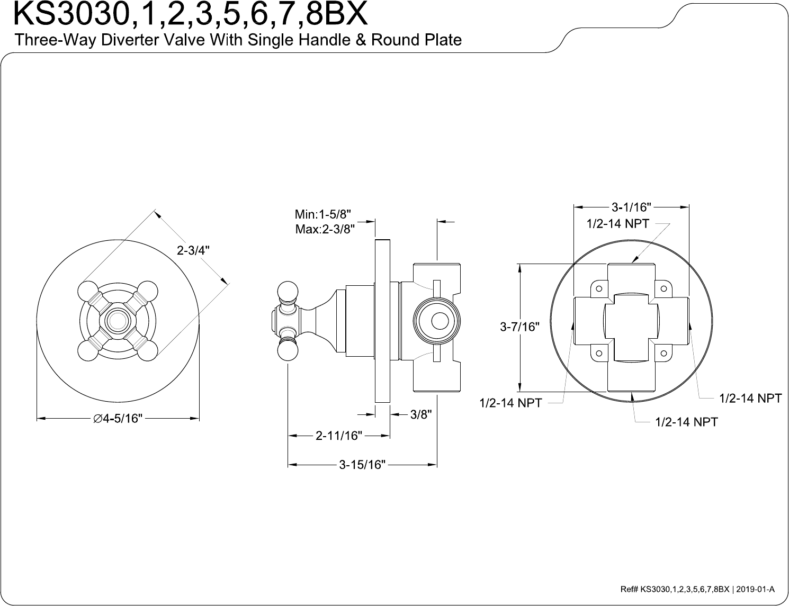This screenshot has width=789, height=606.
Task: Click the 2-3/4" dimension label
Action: pyautogui.click(x=193, y=250)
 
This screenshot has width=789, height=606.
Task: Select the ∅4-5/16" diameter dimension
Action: pyautogui.click(x=118, y=419)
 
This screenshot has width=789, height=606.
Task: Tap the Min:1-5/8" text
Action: pyautogui.click(x=323, y=215)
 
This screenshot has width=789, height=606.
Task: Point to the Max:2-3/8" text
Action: pyautogui.click(x=324, y=229)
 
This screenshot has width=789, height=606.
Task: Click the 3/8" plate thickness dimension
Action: pyautogui.click(x=421, y=415)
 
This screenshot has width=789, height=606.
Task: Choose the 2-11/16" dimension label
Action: pyautogui.click(x=339, y=436)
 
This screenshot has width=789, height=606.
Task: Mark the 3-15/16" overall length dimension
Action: pyautogui.click(x=362, y=465)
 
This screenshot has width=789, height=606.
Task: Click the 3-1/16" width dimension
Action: pyautogui.click(x=631, y=206)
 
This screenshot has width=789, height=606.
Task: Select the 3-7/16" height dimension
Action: pyautogui.click(x=519, y=327)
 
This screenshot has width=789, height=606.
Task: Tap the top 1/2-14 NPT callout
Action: pyautogui.click(x=617, y=223)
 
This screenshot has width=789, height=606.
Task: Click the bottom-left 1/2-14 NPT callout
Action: pyautogui.click(x=510, y=403)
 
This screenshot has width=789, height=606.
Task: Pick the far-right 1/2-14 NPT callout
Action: pyautogui.click(x=750, y=398)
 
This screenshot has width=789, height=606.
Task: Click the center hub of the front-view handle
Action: pyautogui.click(x=118, y=320)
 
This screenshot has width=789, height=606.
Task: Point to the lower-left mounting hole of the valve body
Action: pyautogui.click(x=599, y=352)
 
